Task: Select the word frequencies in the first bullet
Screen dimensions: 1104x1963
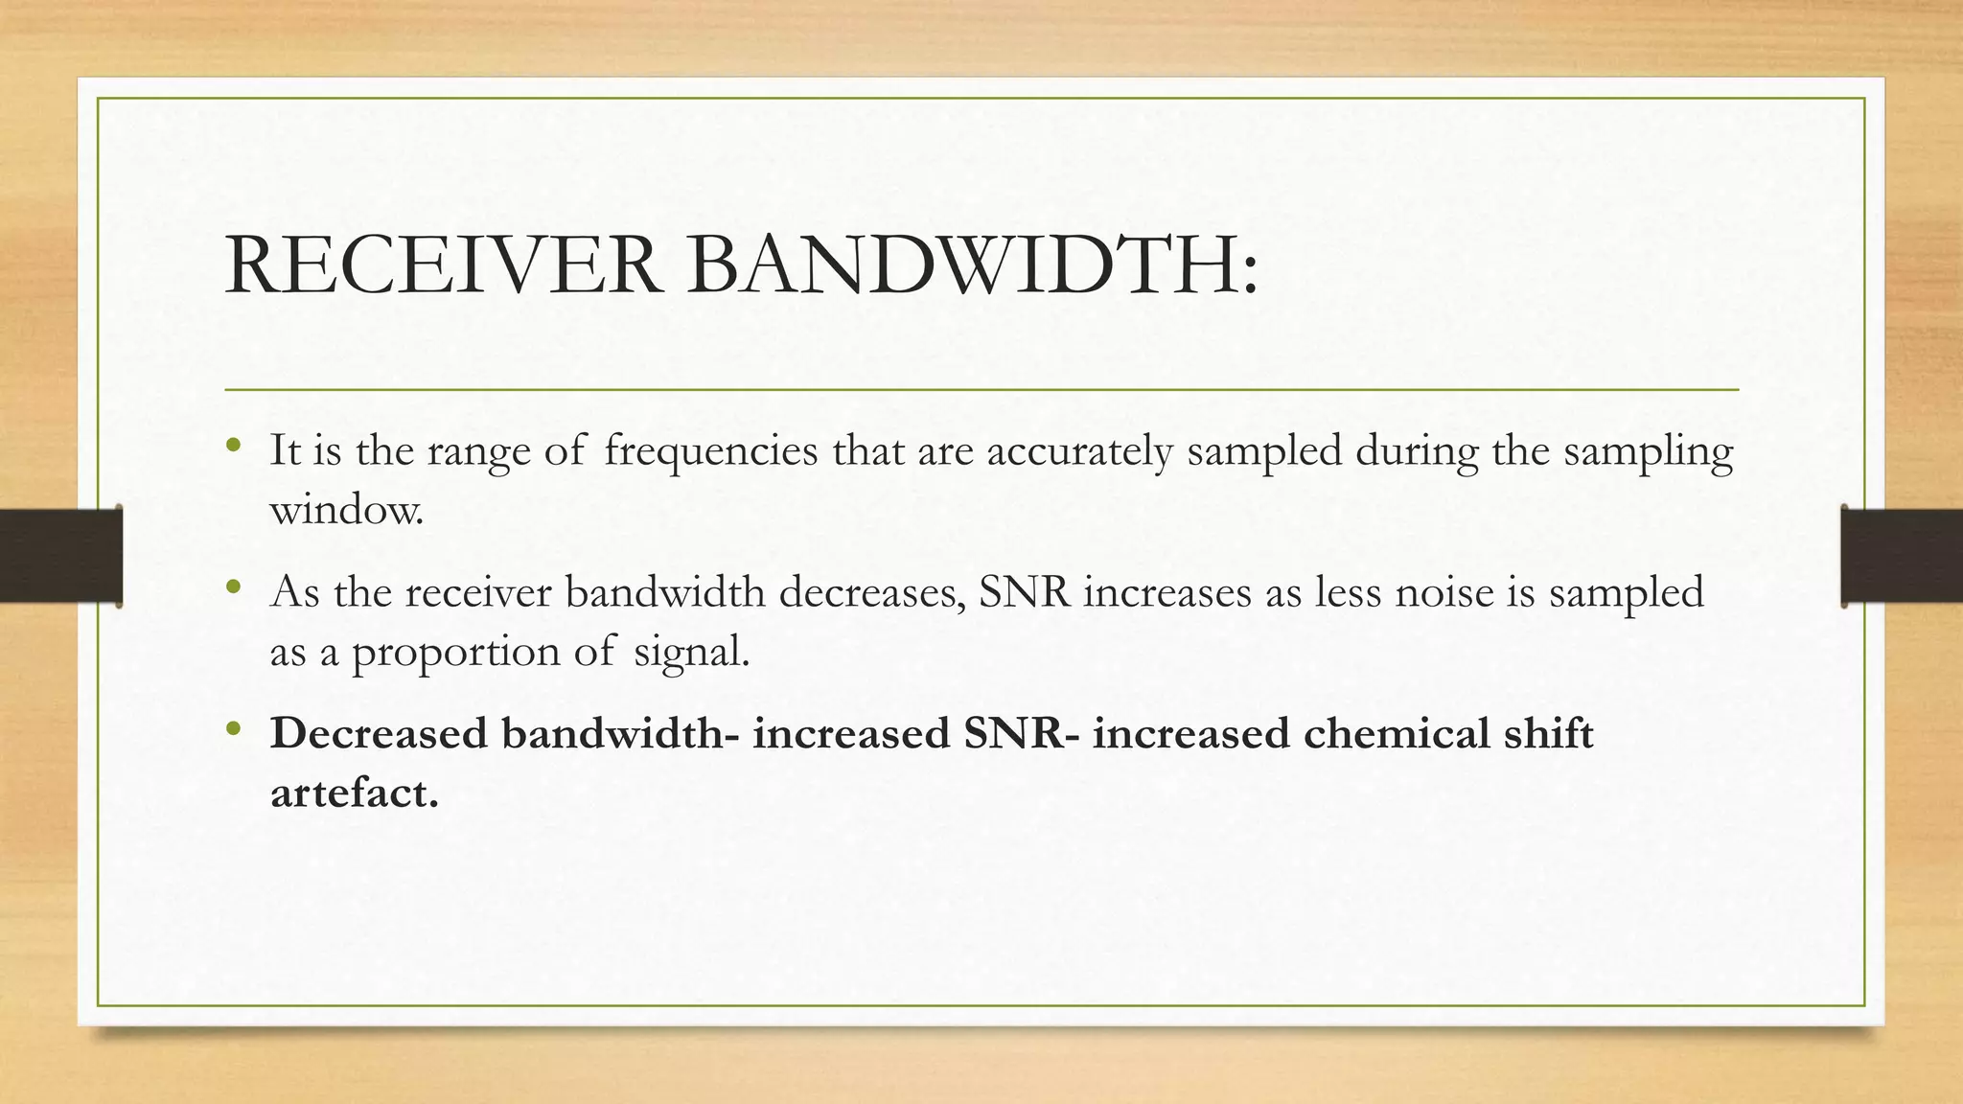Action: pyautogui.click(x=711, y=450)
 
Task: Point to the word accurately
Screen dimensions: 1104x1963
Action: pyautogui.click(x=1079, y=450)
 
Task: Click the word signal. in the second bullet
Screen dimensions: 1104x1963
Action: pyautogui.click(x=691, y=653)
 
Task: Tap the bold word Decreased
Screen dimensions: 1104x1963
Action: pyautogui.click(x=380, y=734)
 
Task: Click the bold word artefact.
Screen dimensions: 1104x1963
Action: pyautogui.click(x=355, y=793)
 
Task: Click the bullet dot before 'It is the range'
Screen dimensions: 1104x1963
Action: pyautogui.click(x=234, y=447)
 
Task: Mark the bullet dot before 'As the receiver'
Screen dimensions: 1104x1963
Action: pyautogui.click(x=234, y=587)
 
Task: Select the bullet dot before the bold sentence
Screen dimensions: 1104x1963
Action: pyautogui.click(x=234, y=729)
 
